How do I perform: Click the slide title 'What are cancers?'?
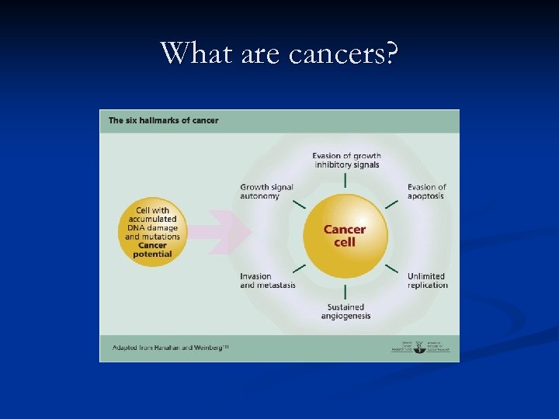pyautogui.click(x=279, y=53)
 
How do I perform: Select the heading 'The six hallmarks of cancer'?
pyautogui.click(x=163, y=120)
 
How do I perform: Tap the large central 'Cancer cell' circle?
pyautogui.click(x=345, y=235)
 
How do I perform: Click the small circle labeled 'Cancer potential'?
pyautogui.click(x=152, y=233)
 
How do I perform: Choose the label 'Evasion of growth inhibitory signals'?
pyautogui.click(x=346, y=161)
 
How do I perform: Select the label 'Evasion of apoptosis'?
pyautogui.click(x=426, y=192)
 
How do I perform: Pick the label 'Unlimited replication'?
pyautogui.click(x=427, y=281)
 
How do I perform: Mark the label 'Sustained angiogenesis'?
pyautogui.click(x=345, y=312)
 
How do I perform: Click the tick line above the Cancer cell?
pyautogui.click(x=345, y=180)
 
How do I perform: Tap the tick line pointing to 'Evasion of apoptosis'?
pyautogui.click(x=392, y=204)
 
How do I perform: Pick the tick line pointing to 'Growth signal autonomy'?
pyautogui.click(x=299, y=204)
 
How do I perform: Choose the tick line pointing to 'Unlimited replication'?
pyautogui.click(x=392, y=268)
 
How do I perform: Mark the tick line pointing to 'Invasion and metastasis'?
pyautogui.click(x=299, y=268)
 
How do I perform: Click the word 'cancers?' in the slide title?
pyautogui.click(x=343, y=53)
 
